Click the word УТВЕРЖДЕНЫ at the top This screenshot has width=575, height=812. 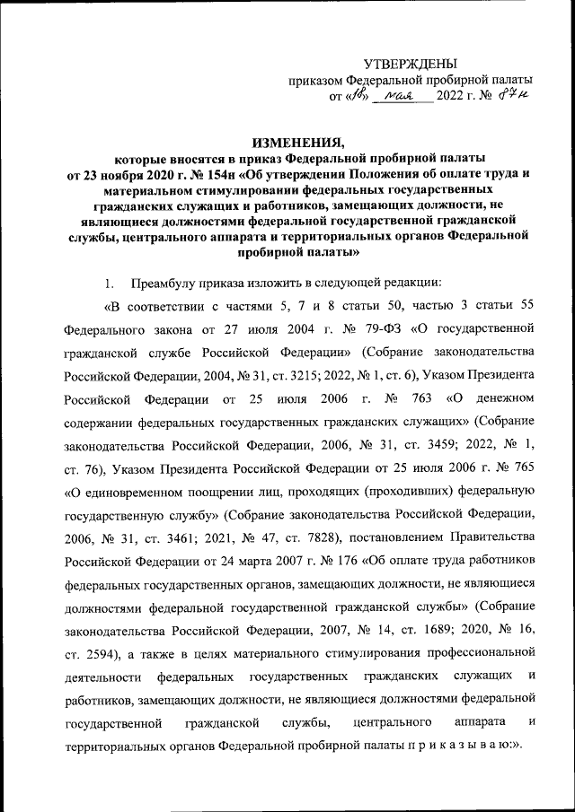click(x=410, y=64)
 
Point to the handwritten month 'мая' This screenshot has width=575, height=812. click(x=396, y=95)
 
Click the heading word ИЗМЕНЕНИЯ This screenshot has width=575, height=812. click(x=298, y=140)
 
